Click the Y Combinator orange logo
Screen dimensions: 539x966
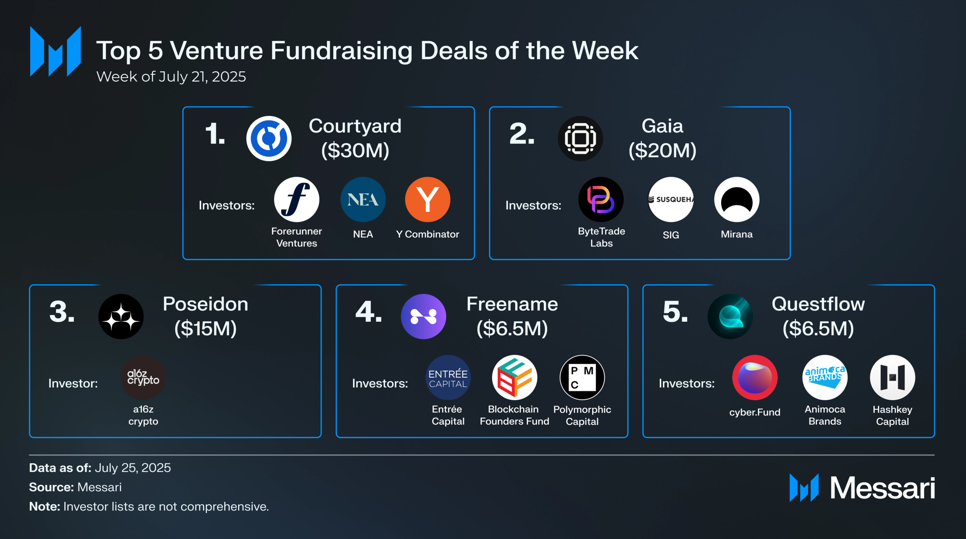(428, 200)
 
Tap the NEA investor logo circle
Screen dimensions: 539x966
(363, 200)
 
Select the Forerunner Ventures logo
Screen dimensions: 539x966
(297, 200)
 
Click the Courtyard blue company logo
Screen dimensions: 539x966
(269, 138)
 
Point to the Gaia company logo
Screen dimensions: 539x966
(580, 138)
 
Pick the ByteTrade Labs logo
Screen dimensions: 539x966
(601, 200)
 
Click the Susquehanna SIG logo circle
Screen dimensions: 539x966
(671, 200)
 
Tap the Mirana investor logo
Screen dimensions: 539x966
(736, 200)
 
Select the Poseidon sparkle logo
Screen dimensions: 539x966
(121, 316)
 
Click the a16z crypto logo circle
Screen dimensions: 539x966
(143, 378)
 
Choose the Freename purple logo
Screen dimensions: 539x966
(423, 316)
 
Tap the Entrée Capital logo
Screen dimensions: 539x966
(448, 378)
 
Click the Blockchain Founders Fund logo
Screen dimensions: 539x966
(515, 378)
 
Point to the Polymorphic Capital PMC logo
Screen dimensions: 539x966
(582, 378)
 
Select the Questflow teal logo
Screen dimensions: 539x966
(730, 316)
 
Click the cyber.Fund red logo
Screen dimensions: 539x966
(755, 378)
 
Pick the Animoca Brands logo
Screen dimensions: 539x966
(825, 378)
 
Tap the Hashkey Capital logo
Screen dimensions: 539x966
(892, 378)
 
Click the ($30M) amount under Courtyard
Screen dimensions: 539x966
(355, 151)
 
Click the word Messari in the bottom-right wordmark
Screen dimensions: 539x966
(883, 488)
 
